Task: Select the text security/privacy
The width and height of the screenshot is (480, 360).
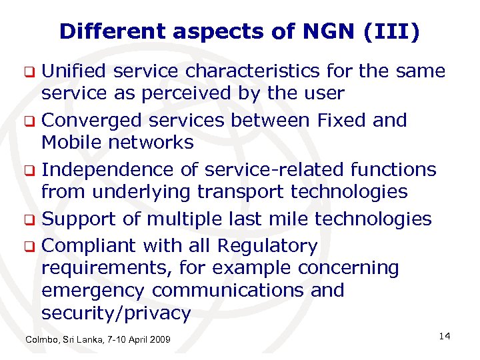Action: [x=116, y=313]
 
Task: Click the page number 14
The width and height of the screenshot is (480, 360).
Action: [x=445, y=336]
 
